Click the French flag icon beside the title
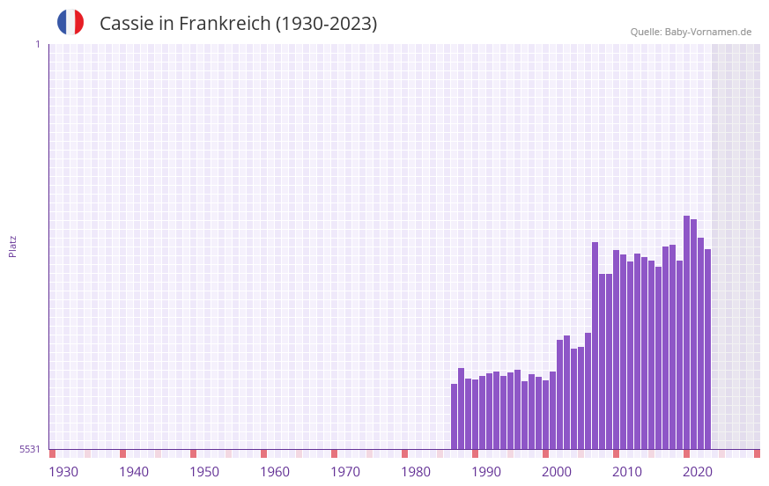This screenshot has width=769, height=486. click(70, 22)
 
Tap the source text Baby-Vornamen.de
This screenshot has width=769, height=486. click(707, 32)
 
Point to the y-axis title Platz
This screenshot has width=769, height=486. click(12, 246)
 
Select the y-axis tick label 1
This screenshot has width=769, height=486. click(37, 44)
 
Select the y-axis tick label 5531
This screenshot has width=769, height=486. click(30, 449)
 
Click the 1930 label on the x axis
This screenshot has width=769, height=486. click(63, 472)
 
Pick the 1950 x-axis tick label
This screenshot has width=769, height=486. click(204, 472)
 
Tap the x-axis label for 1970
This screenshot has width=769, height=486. click(345, 472)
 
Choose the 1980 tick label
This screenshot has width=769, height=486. click(416, 472)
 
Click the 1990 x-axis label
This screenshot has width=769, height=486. click(486, 472)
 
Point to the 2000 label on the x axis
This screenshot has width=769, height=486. click(557, 472)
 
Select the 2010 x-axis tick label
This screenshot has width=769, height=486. click(627, 472)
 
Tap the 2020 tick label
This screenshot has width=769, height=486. click(698, 472)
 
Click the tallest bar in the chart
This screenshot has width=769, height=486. click(686, 333)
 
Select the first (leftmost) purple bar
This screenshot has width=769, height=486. click(455, 416)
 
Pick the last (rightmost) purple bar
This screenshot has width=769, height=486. click(707, 349)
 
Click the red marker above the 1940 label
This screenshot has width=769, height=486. click(122, 453)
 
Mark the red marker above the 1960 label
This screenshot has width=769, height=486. click(263, 453)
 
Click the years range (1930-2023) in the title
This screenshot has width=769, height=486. click(326, 24)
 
